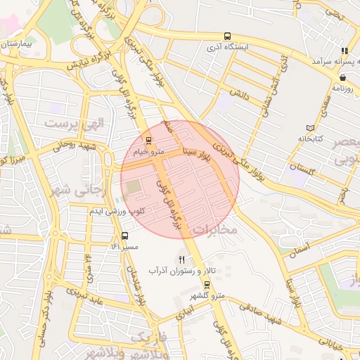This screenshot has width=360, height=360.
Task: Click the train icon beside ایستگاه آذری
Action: coord(226,36)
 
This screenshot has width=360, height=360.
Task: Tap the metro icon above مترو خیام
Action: coord(148,141)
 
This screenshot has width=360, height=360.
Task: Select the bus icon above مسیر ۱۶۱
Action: coord(125,236)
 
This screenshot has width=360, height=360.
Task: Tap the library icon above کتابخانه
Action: coord(311,128)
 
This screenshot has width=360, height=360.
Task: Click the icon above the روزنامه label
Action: coord(342,78)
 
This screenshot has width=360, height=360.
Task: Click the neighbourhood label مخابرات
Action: coord(215,230)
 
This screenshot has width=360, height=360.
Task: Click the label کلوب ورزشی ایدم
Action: coord(116,211)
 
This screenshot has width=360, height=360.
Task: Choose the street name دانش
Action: coord(240,93)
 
